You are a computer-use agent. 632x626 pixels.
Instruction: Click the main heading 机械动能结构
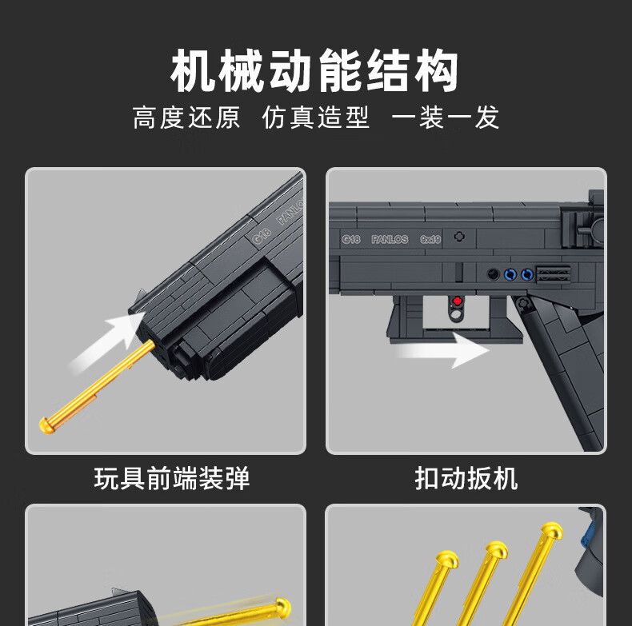coord(315,71)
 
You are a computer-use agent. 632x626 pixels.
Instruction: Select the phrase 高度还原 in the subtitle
coord(186,118)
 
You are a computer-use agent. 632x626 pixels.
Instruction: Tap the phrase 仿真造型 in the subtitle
coord(315,118)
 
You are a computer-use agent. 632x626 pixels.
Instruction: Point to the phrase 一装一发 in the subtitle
coord(445,118)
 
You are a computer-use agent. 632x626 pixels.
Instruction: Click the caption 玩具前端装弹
coord(172,479)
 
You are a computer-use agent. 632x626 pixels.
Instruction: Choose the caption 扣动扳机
coord(466,479)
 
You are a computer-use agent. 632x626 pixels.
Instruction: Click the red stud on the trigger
coord(458,302)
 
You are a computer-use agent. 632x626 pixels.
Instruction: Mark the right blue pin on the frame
coord(526,274)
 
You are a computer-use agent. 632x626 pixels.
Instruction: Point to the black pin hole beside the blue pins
coord(494,274)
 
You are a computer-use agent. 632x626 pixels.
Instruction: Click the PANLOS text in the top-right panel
coord(390,239)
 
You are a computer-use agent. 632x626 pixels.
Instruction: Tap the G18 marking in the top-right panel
coord(351,239)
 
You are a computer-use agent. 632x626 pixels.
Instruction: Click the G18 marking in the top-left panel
coord(260,235)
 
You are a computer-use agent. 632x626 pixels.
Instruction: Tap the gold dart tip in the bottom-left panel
coord(282,605)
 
